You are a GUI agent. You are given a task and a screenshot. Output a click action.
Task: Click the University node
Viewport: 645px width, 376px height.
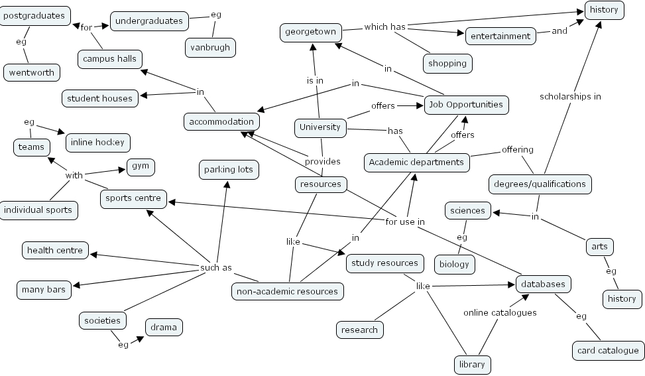tap(320, 127)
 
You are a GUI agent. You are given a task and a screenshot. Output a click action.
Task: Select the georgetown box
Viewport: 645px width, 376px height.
tap(311, 32)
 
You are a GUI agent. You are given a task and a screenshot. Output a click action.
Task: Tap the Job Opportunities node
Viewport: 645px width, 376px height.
tap(466, 105)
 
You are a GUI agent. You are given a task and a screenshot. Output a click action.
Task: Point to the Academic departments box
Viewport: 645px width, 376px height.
tap(416, 162)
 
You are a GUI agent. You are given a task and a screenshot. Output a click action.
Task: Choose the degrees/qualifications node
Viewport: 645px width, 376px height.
tap(540, 184)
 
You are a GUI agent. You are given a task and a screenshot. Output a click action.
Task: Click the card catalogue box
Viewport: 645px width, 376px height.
tap(607, 351)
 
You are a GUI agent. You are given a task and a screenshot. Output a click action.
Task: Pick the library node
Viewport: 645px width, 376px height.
tap(473, 364)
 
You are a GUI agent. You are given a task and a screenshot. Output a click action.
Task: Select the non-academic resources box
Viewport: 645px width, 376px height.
tap(288, 291)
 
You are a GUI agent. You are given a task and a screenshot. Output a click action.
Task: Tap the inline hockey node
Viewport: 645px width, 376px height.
tap(97, 143)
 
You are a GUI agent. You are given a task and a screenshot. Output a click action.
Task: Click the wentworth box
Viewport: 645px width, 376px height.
tap(32, 73)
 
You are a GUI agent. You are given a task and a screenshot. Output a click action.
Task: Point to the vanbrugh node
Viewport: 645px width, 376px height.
tap(210, 48)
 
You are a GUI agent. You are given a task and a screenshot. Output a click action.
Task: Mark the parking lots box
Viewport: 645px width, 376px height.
tap(229, 170)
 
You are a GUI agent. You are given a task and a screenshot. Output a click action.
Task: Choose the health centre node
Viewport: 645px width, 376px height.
tap(55, 251)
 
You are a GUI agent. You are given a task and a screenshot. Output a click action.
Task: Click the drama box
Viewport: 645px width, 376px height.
tap(163, 327)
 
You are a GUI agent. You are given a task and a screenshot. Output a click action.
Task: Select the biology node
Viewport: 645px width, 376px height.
tap(454, 264)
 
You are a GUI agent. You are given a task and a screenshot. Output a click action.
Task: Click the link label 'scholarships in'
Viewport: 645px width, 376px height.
tap(570, 96)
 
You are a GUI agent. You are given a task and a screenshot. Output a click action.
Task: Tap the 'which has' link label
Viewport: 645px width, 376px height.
tap(384, 27)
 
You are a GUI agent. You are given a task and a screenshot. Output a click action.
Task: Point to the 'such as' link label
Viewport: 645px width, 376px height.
tap(216, 268)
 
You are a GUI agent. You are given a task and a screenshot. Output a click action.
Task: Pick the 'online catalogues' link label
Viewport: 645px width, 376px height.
tap(500, 312)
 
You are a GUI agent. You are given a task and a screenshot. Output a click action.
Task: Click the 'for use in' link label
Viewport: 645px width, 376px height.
tap(405, 221)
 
